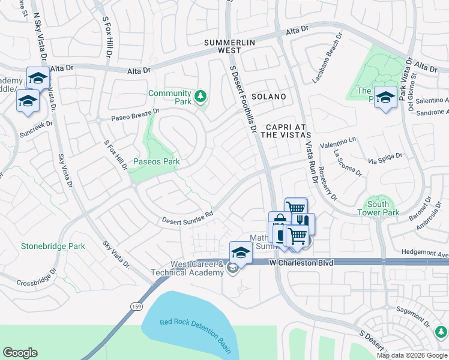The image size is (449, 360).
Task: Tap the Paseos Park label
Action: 157,162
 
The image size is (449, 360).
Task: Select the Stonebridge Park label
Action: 53,246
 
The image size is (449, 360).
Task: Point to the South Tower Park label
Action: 378,208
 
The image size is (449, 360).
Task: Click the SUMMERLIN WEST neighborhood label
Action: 230,47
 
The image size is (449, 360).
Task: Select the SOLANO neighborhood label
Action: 268,97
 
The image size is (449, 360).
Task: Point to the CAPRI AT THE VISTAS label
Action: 286,131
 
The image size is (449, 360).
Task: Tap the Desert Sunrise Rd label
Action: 187,217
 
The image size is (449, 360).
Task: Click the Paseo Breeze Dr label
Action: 135,114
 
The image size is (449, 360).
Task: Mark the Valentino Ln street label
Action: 338,142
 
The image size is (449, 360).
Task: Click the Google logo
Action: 20,353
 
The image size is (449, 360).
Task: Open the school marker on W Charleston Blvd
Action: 241,251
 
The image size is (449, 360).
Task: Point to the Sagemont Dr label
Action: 418,312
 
